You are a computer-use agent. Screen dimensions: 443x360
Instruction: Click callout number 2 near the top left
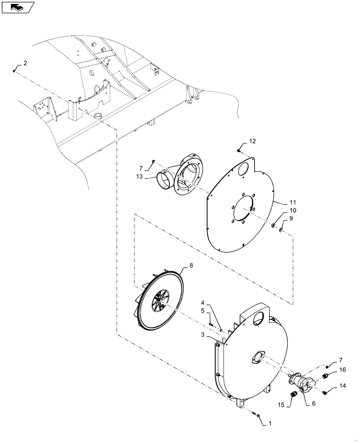(25, 63)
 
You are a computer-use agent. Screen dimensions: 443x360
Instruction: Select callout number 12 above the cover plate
(252, 142)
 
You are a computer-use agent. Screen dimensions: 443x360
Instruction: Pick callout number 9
(291, 218)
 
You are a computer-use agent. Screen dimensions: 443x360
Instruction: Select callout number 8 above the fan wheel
(191, 265)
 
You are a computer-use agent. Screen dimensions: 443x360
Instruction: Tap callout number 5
(203, 311)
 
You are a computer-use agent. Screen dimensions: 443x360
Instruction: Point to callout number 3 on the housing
(202, 335)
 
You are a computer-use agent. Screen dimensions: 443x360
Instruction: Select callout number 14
(342, 386)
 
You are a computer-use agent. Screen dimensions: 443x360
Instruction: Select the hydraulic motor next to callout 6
(302, 382)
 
